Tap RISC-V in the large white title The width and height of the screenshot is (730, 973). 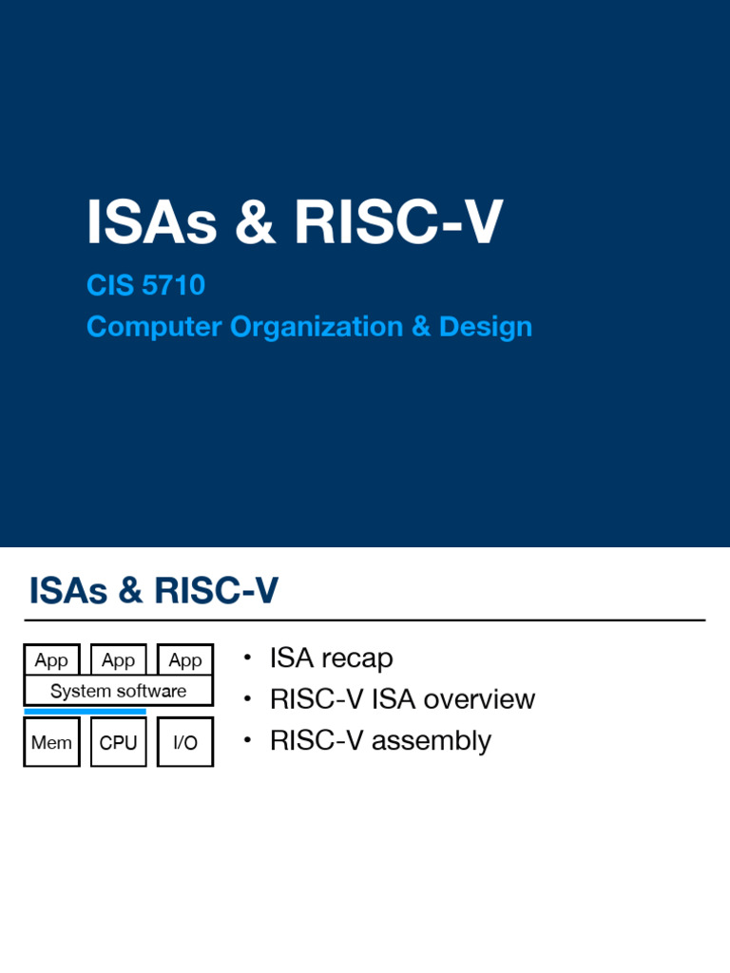[398, 222]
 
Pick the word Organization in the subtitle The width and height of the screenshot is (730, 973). [305, 327]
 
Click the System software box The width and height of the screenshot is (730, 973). [118, 691]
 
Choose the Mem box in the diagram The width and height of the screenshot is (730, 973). [51, 742]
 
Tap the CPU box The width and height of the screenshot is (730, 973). [118, 742]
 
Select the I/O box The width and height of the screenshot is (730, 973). [185, 742]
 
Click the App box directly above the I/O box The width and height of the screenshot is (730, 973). [185, 659]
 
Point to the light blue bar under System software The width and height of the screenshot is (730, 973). [85, 711]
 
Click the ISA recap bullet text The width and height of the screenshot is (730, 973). [331, 658]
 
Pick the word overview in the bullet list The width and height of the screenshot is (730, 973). [479, 699]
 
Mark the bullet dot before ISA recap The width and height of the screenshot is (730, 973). [247, 658]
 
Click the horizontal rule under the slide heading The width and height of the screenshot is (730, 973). [366, 620]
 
